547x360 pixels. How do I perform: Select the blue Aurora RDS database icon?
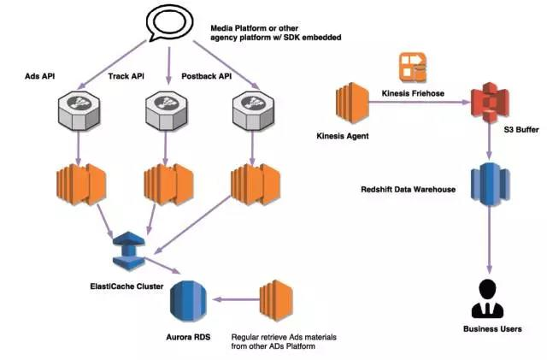click(187, 299)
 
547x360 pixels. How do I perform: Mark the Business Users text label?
click(491, 328)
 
